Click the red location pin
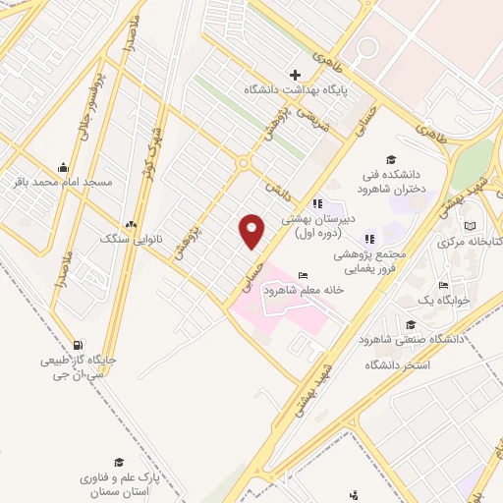[252, 230]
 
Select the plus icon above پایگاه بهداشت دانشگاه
[296, 75]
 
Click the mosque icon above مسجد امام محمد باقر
[64, 166]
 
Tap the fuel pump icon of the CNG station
[79, 345]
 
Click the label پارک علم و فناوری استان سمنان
[119, 482]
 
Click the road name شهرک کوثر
[151, 148]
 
